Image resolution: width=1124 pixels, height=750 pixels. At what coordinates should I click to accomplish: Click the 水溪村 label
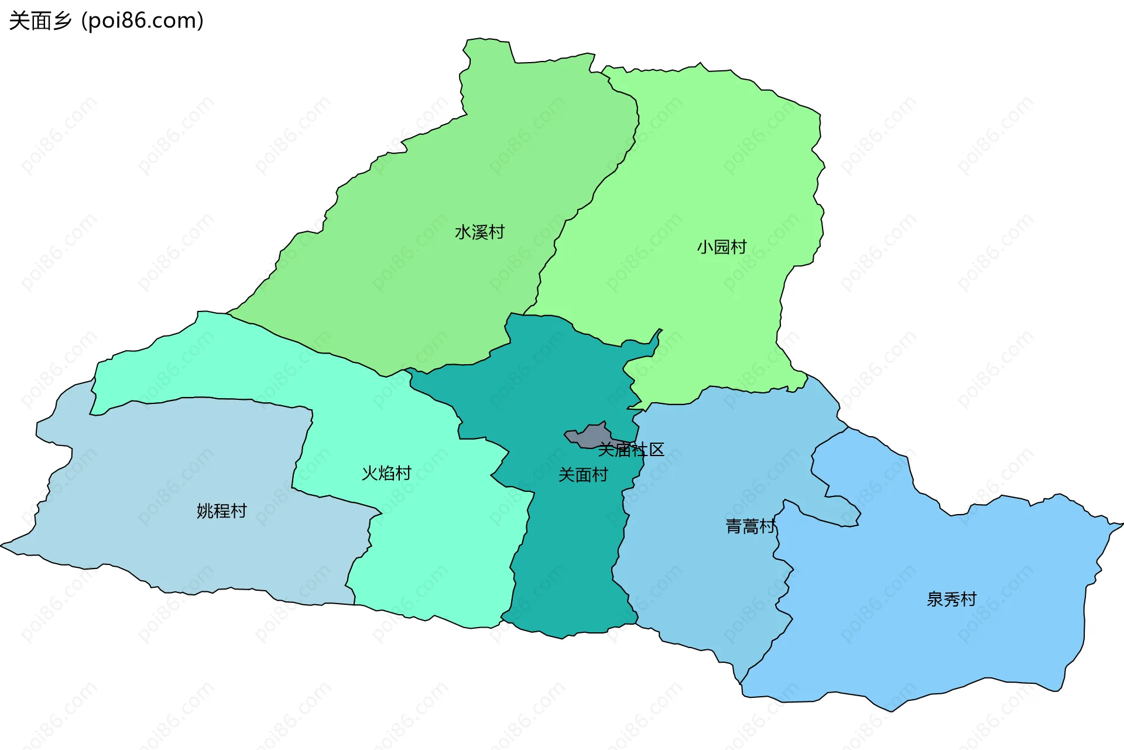tap(479, 232)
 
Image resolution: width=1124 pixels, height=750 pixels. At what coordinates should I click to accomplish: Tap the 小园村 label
tap(721, 247)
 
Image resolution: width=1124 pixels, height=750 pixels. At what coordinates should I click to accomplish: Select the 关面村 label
tap(583, 475)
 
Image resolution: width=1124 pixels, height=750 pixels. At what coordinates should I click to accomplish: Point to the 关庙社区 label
tap(631, 450)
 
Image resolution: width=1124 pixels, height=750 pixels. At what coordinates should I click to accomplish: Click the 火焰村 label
tap(386, 473)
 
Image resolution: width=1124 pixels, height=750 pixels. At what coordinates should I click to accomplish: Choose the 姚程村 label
tap(221, 511)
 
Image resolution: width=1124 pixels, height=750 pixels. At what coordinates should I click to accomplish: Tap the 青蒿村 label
tap(751, 527)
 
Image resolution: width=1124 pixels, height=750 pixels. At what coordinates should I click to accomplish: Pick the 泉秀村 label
tap(951, 600)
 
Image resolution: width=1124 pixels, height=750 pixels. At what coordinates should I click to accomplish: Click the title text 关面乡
tap(40, 21)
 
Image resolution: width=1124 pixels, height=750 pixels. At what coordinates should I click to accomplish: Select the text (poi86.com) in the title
tap(142, 21)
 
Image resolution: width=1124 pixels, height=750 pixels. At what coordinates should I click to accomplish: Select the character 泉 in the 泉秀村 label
tap(935, 600)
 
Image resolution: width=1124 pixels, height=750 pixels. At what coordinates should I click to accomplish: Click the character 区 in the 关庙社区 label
tap(657, 450)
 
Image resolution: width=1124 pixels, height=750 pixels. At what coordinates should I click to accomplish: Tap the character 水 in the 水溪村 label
tap(463, 232)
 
